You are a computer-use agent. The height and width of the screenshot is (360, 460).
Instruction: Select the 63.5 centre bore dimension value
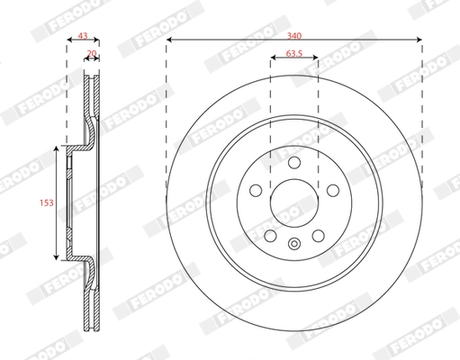(294, 53)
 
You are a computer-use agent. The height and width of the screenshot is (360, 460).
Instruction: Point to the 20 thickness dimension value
(92, 54)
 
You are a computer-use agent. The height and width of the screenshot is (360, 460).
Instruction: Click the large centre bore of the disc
(294, 200)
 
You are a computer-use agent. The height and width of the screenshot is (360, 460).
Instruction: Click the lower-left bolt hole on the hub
(270, 234)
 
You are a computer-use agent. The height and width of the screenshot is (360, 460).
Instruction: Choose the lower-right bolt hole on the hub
(319, 234)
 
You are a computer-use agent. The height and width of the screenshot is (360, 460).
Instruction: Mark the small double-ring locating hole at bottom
(294, 243)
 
